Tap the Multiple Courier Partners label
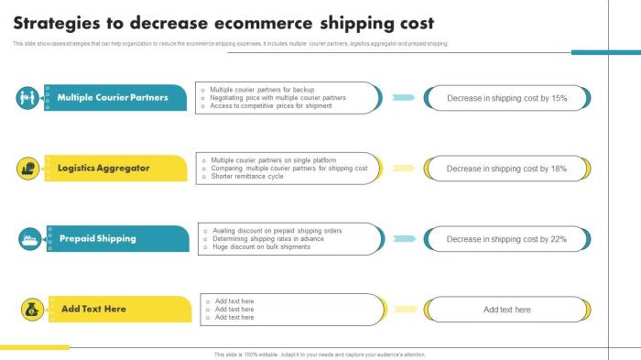coord(113,97)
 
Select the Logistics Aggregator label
coord(103,169)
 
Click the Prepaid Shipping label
coord(97,238)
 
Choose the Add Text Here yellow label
coord(93,309)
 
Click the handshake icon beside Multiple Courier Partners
coord(27,97)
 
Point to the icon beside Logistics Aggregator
coord(27,169)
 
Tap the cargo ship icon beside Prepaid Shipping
coord(27,239)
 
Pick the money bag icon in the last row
coord(30,310)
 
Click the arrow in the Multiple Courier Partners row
coord(403,97)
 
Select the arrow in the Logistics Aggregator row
coord(403,169)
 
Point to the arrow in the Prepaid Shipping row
coord(403,239)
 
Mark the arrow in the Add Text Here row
coord(403,310)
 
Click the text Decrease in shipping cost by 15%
coord(506,98)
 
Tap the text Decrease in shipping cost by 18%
coord(506,169)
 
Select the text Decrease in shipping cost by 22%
coord(506,239)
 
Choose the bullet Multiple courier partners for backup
coord(262,90)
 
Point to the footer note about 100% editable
coord(320,355)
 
